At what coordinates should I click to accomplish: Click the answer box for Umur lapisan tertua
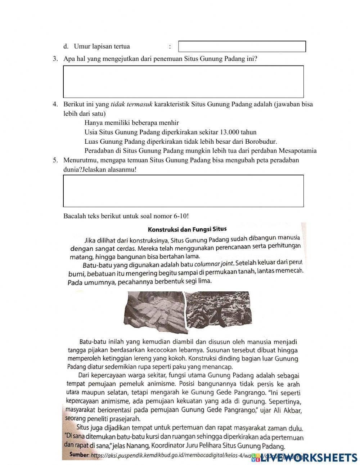[242, 46]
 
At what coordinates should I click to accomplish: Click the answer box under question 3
[183, 82]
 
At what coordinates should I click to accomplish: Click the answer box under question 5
[183, 191]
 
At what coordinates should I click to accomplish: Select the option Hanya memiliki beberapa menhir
[131, 123]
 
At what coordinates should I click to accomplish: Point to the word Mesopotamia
[297, 151]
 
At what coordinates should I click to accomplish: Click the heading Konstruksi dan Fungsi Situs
[187, 229]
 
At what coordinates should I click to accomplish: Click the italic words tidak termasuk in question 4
[131, 104]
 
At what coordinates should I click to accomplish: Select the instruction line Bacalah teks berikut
[126, 216]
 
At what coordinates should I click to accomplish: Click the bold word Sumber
[79, 455]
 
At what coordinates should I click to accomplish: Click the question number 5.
[55, 160]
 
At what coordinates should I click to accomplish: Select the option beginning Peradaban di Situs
[200, 151]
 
